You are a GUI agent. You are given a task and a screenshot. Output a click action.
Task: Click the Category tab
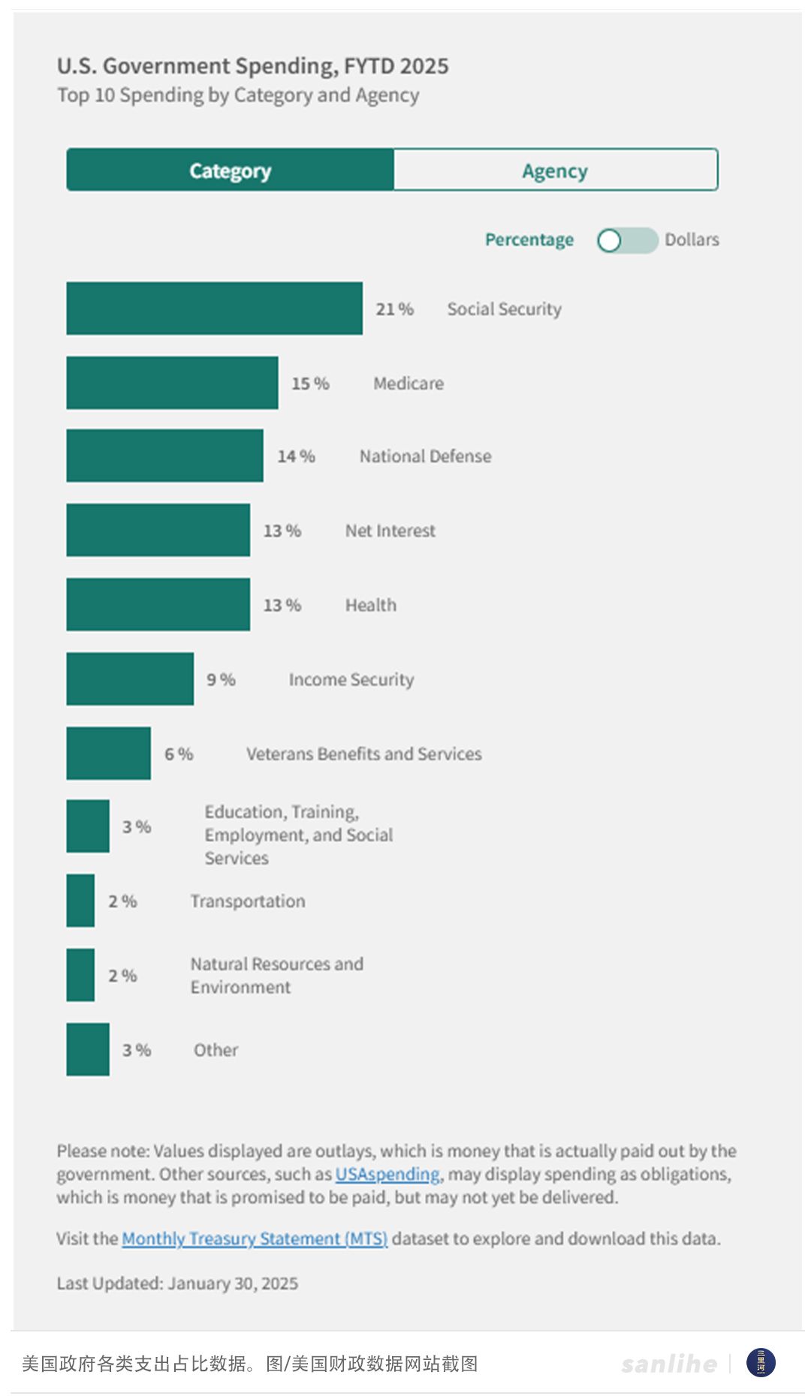(x=230, y=170)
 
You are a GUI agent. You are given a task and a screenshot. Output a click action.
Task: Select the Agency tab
(x=555, y=170)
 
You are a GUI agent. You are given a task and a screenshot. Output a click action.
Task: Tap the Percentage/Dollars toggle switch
(x=627, y=240)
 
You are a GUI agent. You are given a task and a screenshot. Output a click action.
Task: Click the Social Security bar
(x=214, y=308)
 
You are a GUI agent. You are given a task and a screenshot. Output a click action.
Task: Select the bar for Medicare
(x=172, y=383)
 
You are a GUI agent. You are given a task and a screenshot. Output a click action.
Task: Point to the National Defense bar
(x=164, y=456)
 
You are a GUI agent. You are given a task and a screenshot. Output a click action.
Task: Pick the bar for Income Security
(x=130, y=678)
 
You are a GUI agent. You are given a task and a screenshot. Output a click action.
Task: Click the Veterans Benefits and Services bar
(x=108, y=753)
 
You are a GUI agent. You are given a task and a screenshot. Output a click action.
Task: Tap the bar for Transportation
(x=80, y=901)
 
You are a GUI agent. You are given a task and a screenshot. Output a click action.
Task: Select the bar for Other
(x=88, y=1049)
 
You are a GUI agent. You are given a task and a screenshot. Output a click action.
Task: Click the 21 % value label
(x=394, y=309)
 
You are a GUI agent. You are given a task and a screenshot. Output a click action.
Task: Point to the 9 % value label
(x=221, y=679)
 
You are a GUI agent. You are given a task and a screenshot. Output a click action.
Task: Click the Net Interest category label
(x=390, y=531)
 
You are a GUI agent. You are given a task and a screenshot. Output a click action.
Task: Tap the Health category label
(x=370, y=605)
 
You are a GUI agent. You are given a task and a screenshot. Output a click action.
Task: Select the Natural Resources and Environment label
(x=276, y=975)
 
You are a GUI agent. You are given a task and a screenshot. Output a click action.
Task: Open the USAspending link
(x=387, y=1174)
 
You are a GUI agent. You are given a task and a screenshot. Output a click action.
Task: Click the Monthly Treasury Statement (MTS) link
(x=255, y=1238)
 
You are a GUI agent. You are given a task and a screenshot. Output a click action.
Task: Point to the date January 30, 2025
(x=233, y=1283)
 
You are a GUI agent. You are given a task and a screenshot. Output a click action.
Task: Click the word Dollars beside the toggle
(x=692, y=240)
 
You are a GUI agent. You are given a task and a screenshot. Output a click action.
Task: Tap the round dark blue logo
(x=761, y=1363)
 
